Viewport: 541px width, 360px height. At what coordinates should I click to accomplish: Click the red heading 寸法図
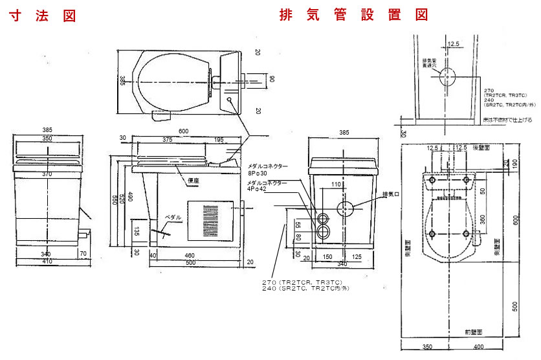43,16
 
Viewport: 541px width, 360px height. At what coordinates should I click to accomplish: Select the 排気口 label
390,194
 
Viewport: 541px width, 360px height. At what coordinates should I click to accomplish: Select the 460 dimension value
189,256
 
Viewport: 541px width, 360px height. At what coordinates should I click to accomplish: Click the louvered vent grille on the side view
212,224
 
